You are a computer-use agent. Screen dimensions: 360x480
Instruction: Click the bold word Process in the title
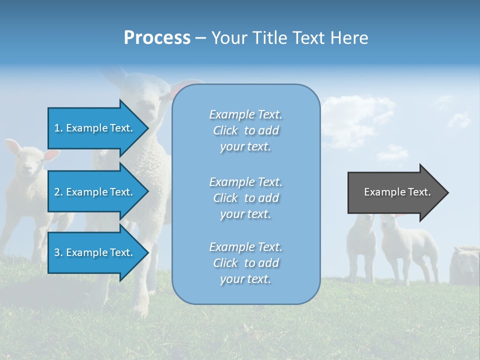pos(157,38)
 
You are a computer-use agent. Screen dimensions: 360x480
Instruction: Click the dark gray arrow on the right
pos(395,192)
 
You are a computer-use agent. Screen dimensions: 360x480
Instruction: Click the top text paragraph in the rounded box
pos(245,130)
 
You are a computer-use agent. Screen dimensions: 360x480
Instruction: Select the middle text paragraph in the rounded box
pos(245,198)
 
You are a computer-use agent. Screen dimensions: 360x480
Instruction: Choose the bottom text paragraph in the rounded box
pos(245,263)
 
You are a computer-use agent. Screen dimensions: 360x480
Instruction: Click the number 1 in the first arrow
pos(57,128)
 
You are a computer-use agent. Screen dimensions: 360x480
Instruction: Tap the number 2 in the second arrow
pos(57,192)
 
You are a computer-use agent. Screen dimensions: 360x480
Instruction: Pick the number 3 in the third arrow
pos(57,252)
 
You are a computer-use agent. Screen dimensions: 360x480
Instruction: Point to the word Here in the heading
pos(349,38)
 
